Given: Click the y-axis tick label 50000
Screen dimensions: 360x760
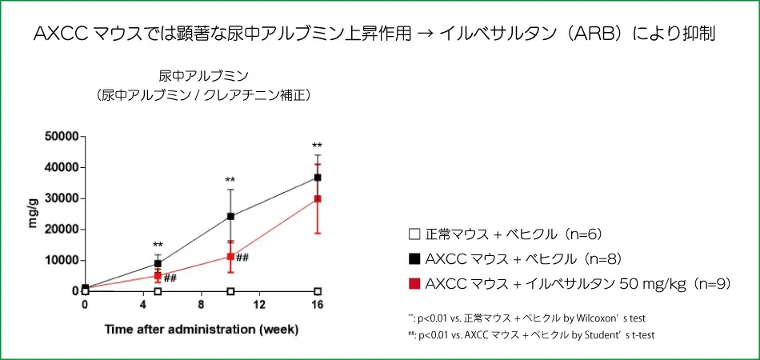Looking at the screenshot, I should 59,137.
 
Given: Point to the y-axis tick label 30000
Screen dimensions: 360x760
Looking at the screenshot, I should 59,198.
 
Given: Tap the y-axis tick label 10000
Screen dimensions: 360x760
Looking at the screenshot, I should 59,261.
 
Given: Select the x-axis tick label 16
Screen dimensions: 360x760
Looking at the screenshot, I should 318,306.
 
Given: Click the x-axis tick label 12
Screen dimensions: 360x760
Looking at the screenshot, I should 259,306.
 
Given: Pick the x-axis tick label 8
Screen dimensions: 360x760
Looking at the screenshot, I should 202,306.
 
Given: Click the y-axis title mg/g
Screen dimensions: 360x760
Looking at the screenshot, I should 34,214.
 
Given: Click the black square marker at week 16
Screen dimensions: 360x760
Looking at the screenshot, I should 318,178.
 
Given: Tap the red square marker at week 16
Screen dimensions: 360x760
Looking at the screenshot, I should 318,198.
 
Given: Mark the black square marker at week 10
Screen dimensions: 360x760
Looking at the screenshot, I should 230,216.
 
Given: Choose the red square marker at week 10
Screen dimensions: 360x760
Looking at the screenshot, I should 230,257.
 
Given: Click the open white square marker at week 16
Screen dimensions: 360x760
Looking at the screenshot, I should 318,291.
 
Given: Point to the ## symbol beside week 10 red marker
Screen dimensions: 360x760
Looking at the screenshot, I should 243,258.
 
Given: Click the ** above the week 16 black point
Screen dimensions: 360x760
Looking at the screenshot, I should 318,146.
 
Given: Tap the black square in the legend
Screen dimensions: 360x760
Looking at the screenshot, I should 414,259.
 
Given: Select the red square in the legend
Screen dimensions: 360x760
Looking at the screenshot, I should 414,283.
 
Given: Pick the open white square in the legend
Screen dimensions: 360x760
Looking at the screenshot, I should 414,234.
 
